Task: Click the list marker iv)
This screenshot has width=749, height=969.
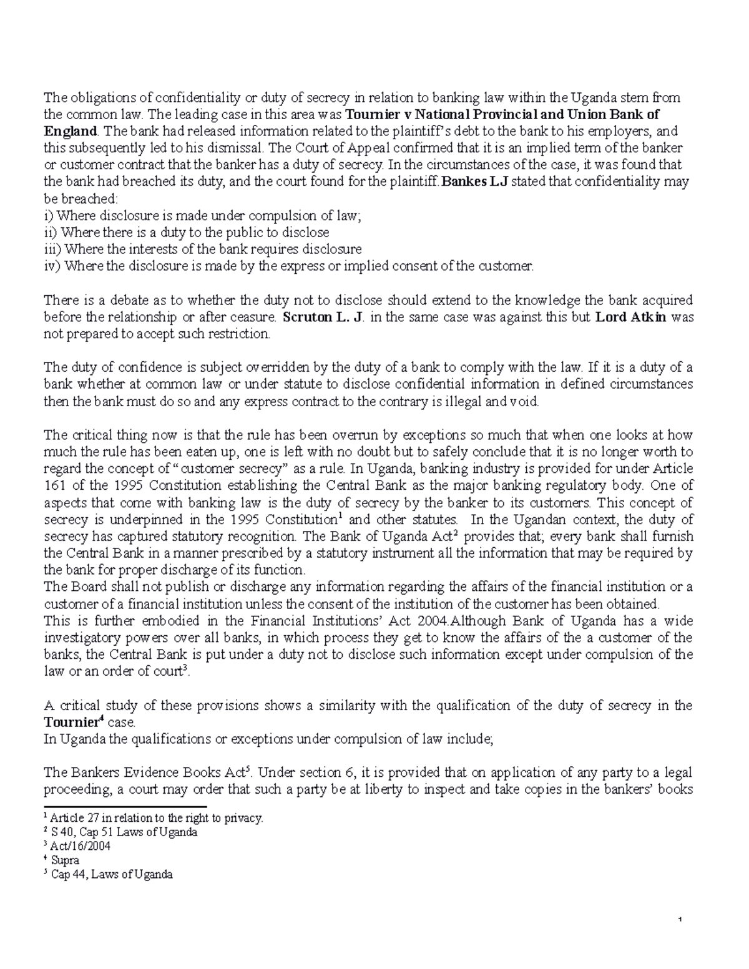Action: (52, 266)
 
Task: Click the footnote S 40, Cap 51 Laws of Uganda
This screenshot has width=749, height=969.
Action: (124, 832)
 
